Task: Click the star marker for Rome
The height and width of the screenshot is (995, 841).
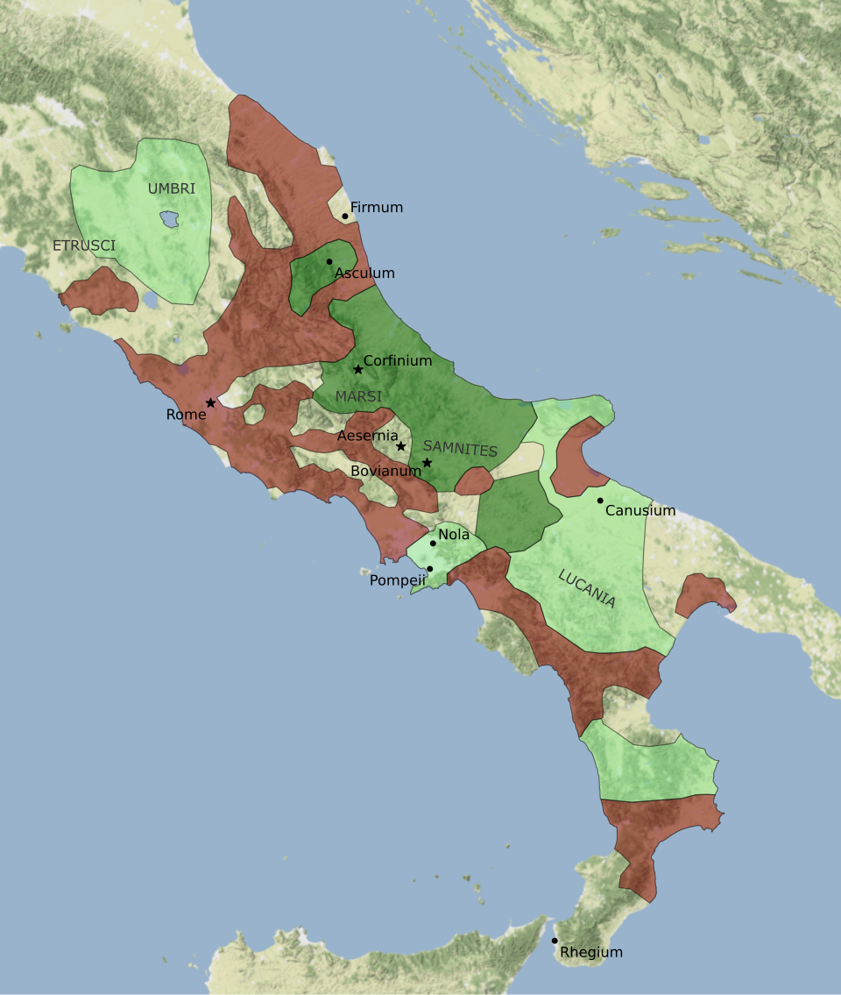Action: [x=210, y=402]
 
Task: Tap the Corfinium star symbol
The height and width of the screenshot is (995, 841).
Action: [x=357, y=369]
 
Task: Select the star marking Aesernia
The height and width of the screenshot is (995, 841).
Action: [x=400, y=446]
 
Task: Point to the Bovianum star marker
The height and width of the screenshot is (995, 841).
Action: [x=427, y=462]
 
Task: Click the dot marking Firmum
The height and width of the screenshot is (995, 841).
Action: [x=345, y=216]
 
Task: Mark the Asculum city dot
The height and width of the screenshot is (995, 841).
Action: [x=329, y=261]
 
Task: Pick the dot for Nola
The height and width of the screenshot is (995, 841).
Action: [x=433, y=544]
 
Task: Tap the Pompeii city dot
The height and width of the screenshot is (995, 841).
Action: [x=429, y=569]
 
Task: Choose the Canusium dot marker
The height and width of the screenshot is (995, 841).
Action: [x=600, y=501]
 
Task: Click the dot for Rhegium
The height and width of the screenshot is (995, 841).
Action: [x=555, y=941]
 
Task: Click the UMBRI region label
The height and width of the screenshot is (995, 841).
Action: [x=172, y=188]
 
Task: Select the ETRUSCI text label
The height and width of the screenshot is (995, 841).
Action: [x=84, y=245]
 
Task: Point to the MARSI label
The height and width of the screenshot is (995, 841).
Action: [x=358, y=397]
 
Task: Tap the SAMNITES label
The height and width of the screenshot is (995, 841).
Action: [x=460, y=449]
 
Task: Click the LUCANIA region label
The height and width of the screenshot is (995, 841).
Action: [x=587, y=588]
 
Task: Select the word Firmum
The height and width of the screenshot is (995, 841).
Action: [x=377, y=208]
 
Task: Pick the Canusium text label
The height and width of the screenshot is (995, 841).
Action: [x=640, y=510]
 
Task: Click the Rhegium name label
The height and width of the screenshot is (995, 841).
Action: [x=591, y=952]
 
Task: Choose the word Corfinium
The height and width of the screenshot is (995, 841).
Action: [x=398, y=360]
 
